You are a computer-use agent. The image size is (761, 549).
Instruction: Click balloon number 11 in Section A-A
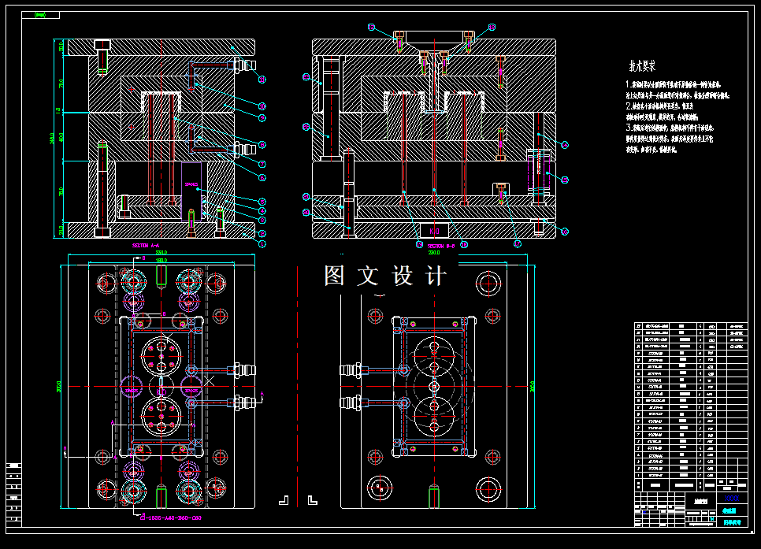[262, 80]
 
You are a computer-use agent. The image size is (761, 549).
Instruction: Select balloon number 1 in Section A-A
[262, 243]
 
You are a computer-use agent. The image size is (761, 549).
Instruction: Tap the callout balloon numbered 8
[262, 144]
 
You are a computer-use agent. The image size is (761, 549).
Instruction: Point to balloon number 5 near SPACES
[262, 202]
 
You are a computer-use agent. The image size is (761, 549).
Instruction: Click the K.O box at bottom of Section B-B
[434, 230]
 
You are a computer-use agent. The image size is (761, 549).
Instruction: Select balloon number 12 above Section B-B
[371, 27]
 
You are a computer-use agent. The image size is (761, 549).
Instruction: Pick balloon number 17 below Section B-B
[517, 244]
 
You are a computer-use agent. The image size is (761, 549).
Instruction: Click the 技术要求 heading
[642, 66]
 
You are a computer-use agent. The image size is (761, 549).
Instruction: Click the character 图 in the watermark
[334, 276]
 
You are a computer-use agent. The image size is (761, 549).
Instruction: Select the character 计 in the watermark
[436, 276]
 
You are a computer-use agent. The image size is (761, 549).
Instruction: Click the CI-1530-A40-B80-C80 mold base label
[169, 517]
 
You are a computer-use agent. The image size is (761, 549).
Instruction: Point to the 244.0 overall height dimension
[52, 138]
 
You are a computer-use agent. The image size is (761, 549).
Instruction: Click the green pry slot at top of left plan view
[161, 275]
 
